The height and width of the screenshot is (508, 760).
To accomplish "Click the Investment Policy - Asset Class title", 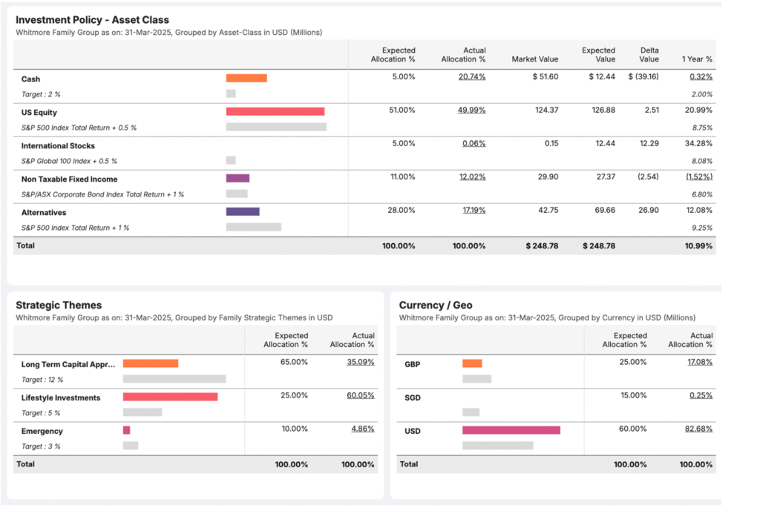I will [92, 20].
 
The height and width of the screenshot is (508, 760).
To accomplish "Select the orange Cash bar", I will [246, 78].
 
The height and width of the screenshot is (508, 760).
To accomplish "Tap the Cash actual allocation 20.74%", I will [471, 77].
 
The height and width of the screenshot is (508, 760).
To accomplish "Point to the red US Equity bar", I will [275, 111].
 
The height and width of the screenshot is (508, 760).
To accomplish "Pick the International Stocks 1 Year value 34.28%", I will [698, 144].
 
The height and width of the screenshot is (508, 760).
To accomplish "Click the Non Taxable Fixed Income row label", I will [69, 179].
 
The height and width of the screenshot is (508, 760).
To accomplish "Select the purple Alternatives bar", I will [242, 211].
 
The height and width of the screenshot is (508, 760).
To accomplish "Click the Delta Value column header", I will [649, 55].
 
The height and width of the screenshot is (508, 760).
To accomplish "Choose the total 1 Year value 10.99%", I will [698, 245].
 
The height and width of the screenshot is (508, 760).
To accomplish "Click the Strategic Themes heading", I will [59, 305].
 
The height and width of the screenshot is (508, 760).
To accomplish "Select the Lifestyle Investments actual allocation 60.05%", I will [360, 396].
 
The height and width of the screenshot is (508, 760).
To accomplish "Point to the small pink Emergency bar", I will [126, 430].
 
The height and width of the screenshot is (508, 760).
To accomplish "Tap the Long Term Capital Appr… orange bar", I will [150, 363].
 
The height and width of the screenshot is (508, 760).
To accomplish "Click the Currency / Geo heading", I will [436, 305].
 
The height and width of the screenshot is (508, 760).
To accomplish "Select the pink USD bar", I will [511, 430].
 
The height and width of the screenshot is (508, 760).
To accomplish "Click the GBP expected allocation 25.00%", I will [632, 363].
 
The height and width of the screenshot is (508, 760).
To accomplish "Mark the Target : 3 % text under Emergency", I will [41, 446].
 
